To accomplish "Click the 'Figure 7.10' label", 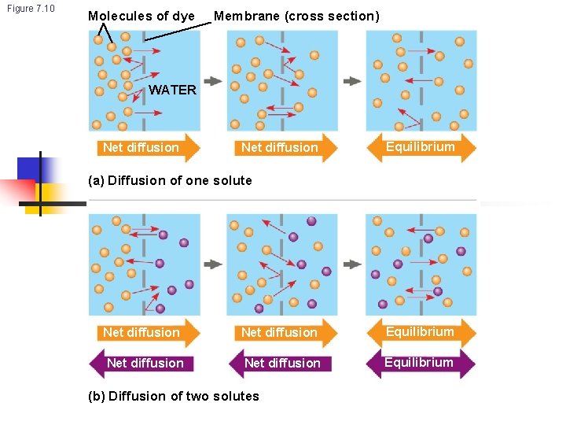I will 31,9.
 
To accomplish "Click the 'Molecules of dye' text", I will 141,16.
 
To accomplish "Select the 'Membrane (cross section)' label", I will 296,16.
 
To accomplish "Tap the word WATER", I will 172,90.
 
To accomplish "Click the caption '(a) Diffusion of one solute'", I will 171,180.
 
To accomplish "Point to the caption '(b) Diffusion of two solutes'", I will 174,396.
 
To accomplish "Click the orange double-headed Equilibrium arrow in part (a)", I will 421,147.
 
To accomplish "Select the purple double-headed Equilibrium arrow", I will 421,363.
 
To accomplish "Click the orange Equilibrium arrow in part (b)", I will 421,332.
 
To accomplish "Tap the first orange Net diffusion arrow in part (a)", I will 145,147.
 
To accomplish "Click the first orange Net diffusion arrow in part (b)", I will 145,332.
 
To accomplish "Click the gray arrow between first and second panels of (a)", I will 213,80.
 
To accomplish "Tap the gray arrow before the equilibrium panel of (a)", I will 352,80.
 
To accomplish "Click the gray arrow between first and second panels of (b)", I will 213,264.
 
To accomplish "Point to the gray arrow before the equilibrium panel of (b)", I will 352,264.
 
